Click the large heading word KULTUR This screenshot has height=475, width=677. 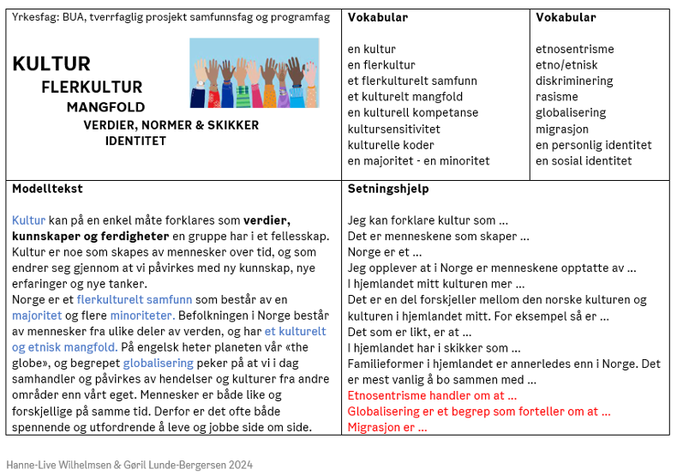51,64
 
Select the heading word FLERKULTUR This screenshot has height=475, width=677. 92,87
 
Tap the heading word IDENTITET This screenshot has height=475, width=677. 135,141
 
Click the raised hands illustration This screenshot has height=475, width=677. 254,73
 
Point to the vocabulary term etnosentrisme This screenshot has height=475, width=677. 576,49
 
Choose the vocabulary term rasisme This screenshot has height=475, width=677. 557,97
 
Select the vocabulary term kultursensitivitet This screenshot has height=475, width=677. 394,129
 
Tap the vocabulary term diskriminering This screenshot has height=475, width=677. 574,81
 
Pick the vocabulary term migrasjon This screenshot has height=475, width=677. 562,129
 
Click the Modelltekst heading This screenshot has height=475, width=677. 47,189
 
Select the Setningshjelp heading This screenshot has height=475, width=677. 388,189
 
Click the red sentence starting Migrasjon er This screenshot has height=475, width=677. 387,427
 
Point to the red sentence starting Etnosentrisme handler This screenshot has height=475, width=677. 432,395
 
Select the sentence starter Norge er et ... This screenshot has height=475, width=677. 385,252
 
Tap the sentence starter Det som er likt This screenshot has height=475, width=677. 404,332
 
